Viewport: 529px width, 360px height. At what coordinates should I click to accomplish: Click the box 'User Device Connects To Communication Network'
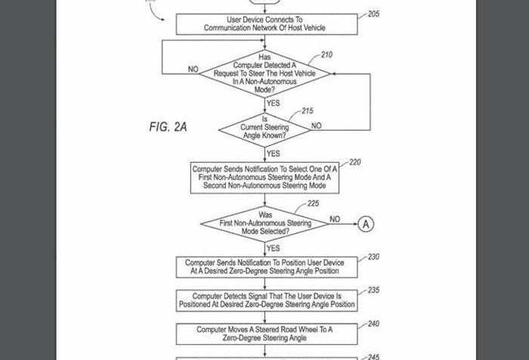pos(264,23)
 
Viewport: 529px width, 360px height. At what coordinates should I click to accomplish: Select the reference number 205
pos(374,14)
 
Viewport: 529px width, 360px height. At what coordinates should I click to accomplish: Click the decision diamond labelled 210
pos(264,74)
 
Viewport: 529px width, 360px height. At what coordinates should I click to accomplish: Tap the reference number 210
pos(326,54)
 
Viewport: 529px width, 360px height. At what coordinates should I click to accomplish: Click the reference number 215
pos(308,111)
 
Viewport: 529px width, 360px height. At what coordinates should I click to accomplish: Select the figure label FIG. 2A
pos(168,126)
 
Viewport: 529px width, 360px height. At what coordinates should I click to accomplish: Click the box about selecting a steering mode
pos(264,177)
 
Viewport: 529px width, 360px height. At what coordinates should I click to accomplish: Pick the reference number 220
pos(354,163)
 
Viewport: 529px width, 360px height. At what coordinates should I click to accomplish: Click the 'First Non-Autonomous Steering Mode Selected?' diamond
pos(264,224)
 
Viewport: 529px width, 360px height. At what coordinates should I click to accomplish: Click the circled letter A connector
pos(366,224)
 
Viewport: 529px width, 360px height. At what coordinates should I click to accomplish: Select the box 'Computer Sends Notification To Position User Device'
pos(264,266)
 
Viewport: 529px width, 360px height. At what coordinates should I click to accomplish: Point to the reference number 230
pos(373,257)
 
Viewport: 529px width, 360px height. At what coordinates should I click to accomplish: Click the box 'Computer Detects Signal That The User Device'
pos(264,300)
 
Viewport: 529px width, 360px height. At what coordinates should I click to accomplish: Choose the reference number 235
pos(373,290)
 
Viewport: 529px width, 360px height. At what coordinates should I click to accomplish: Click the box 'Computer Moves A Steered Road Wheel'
pos(264,334)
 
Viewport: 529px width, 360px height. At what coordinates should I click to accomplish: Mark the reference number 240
pos(373,324)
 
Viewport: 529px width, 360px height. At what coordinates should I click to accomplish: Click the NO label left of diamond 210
pos(193,70)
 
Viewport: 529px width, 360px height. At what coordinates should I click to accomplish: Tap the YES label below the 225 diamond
pos(274,248)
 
